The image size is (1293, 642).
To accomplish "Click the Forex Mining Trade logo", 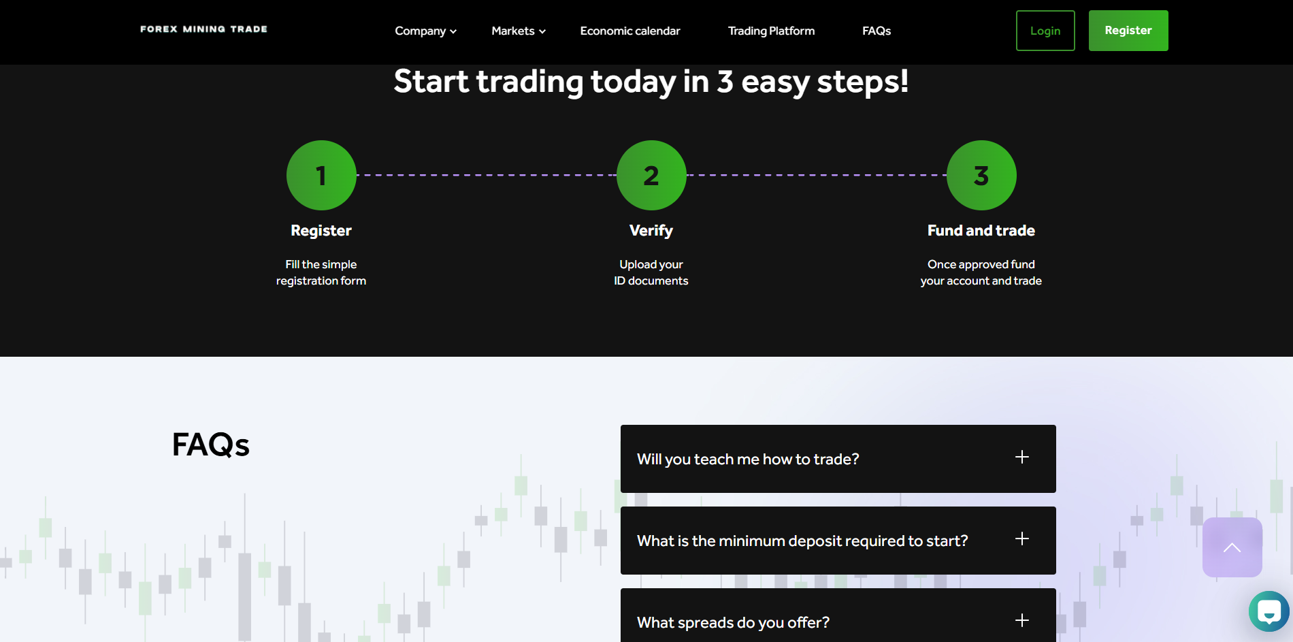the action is click(203, 29).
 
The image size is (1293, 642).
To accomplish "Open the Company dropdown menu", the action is click(425, 31).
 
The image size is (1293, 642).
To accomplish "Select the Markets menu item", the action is click(519, 31).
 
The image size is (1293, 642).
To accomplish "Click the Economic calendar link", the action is click(630, 31).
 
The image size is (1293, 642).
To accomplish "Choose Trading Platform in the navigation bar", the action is click(771, 31).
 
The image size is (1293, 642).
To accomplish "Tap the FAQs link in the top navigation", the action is click(877, 31).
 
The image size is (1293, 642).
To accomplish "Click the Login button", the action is click(1045, 31).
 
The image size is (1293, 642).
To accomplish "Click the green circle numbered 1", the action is click(321, 175).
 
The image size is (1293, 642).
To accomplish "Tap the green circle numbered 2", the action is click(651, 175).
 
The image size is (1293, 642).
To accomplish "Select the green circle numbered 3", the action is click(981, 175).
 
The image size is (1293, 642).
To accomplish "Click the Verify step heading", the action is click(651, 231).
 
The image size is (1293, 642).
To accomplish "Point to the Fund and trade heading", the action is click(981, 231).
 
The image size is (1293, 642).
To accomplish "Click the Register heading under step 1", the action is click(321, 231).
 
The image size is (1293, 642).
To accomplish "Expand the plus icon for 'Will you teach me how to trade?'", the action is click(1022, 457).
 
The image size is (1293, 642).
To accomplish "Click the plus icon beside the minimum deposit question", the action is click(1022, 539).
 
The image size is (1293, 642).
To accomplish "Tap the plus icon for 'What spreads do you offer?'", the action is click(1022, 620).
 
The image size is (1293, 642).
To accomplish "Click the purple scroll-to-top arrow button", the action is click(1232, 547).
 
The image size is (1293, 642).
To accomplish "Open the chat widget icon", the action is click(1269, 611).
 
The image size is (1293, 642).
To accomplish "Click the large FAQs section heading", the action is click(211, 445).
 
